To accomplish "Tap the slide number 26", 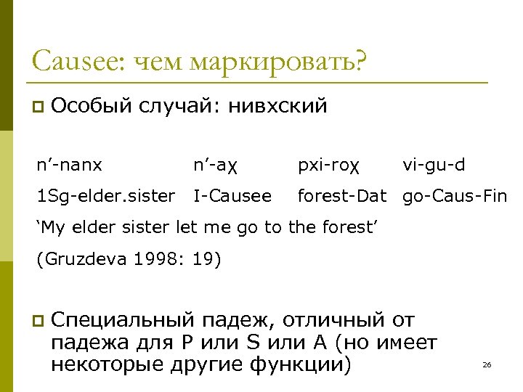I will pos(487,364).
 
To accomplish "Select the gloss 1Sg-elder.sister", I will pos(106,195).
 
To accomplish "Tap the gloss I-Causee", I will pos(232,195).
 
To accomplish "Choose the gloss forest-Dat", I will pos(341,195).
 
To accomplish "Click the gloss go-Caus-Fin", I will pos(455,195).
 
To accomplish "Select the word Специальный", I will pos(123,319).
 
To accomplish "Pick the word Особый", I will pos(91,107).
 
